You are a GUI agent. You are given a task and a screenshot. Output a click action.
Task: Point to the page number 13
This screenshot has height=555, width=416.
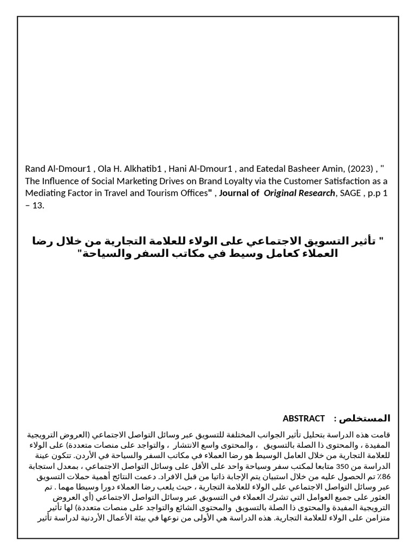39,205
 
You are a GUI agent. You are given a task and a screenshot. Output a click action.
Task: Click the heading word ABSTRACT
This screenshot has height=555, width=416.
303,418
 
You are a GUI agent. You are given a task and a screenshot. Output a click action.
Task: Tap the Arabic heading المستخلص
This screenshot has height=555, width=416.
368,418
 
